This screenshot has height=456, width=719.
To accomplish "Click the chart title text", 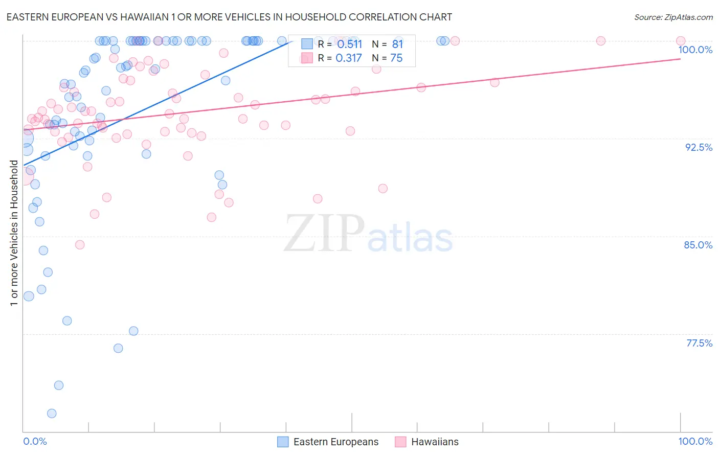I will point(229,17).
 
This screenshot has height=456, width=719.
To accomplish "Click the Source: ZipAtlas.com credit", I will point(673,17).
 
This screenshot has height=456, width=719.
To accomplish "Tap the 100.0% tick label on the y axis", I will point(695,50).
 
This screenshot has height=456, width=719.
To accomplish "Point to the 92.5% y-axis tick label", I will point(698,147).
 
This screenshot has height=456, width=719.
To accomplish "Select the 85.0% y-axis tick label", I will point(698,245).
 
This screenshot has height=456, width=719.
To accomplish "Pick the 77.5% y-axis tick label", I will point(699,343).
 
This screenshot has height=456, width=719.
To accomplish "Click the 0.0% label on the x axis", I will point(35,441).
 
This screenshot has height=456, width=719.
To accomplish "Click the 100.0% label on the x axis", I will point(695,441).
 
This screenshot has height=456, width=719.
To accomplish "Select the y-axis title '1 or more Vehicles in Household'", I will point(14,233).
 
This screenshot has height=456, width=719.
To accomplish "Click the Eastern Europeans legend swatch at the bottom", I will point(283,442).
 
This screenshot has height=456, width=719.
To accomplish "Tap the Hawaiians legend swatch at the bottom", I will point(400,442).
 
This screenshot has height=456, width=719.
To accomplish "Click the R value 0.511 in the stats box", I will point(349,44).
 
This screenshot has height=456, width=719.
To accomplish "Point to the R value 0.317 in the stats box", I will point(349,58).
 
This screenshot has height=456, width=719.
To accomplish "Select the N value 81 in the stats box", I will point(397,44).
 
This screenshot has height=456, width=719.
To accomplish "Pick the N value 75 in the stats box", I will point(397,58).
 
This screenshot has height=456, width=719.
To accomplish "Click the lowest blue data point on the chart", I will point(52,414).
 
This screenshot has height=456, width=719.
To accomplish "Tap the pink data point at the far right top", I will point(681,41).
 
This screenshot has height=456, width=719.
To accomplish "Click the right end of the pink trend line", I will point(680,59).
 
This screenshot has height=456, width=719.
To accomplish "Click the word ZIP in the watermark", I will point(324,233).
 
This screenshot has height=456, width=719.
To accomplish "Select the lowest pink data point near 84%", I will point(80,245).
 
